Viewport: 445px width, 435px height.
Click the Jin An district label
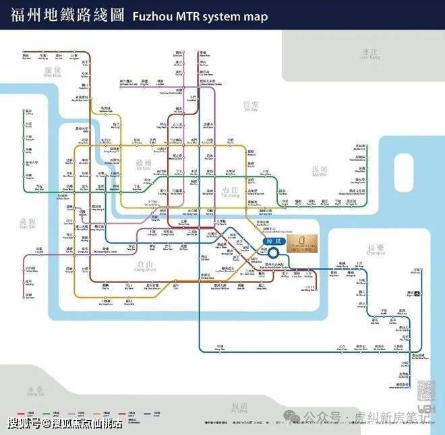[250, 106]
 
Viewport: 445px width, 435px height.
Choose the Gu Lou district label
[144, 165]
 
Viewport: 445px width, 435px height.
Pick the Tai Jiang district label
[230, 193]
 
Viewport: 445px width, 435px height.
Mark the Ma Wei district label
[319, 172]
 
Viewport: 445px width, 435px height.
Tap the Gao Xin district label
[27, 223]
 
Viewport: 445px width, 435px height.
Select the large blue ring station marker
[275, 253]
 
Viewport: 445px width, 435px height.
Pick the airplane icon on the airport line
[417, 292]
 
